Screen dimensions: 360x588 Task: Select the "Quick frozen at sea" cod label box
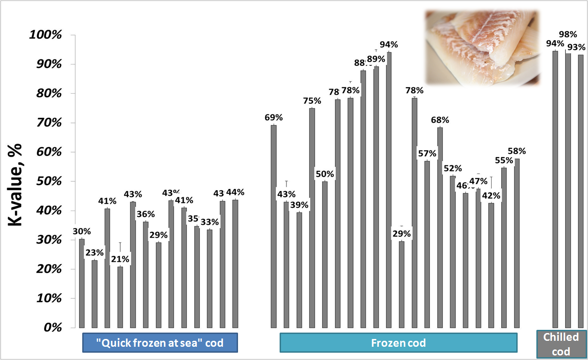tap(160, 343)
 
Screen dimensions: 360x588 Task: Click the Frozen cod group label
tap(398, 343)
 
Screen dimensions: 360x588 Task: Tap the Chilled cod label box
tap(561, 344)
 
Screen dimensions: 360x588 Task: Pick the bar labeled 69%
tap(274, 226)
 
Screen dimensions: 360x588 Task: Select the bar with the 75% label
tap(312, 218)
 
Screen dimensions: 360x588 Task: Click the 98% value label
tap(568, 35)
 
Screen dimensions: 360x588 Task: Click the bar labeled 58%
tap(517, 243)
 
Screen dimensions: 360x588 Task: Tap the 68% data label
tap(440, 120)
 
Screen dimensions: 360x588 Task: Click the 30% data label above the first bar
tap(82, 231)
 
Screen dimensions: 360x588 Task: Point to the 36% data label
tap(146, 214)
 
